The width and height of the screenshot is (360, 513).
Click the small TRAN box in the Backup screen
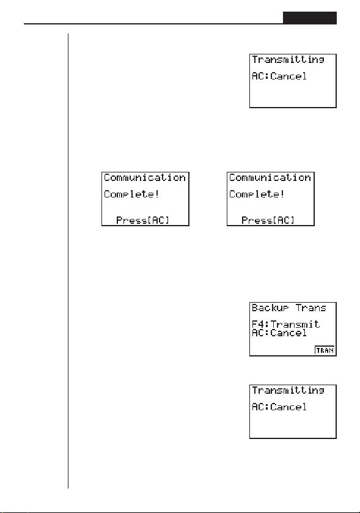pos(325,350)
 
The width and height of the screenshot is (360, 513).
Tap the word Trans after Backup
pos(311,308)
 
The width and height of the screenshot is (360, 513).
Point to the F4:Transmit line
pos(285,324)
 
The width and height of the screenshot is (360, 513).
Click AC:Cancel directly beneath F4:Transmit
pos(279,333)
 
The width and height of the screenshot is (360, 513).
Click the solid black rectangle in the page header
pos(310,18)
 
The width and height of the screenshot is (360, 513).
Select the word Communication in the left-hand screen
pos(144,178)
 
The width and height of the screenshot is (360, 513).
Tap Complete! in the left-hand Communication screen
pos(131,194)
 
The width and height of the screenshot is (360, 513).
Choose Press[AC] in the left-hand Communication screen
pos(143,220)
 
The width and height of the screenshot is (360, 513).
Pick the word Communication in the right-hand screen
pos(270,178)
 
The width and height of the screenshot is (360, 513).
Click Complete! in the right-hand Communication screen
pos(256,194)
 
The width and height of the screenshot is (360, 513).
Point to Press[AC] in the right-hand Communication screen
pos(268,220)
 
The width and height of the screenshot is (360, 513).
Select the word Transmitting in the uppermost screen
pos(288,60)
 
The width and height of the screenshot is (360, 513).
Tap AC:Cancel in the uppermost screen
pos(279,76)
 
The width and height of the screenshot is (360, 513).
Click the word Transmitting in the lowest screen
pos(288,391)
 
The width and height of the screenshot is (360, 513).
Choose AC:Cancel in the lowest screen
pos(279,407)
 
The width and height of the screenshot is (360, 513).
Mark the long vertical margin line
pos(68,260)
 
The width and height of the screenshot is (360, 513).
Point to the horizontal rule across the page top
pos(153,24)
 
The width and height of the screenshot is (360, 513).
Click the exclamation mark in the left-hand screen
pos(157,194)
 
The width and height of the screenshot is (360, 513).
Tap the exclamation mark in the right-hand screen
pos(282,194)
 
